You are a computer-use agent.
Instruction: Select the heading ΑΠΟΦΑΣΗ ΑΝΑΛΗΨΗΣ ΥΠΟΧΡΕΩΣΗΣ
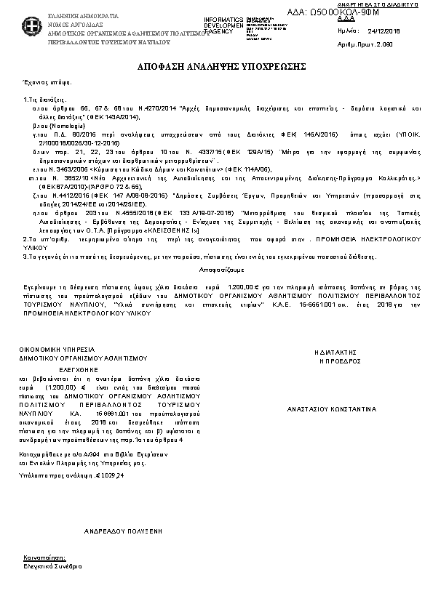(216, 66)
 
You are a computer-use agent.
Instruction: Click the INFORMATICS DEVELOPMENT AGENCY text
(224, 25)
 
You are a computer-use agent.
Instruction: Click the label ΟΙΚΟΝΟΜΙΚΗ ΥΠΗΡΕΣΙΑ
(51, 350)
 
